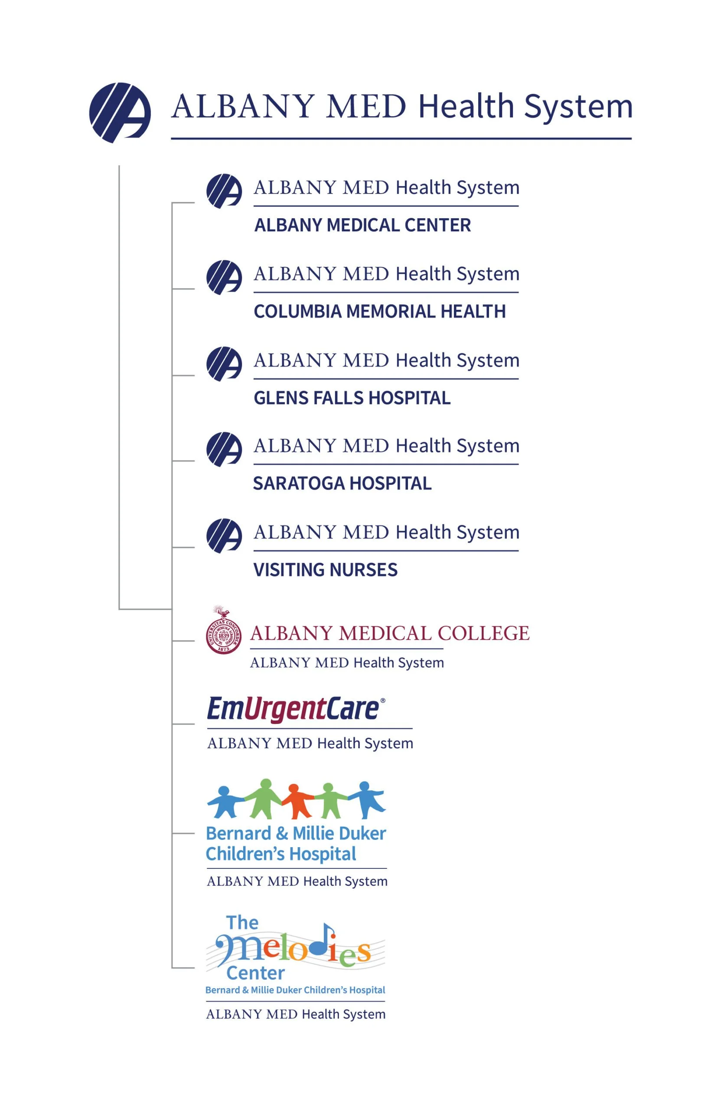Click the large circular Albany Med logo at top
click(120, 112)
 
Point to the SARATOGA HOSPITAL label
click(342, 483)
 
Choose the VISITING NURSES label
click(325, 569)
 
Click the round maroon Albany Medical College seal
click(223, 636)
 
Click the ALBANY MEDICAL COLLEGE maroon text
click(389, 634)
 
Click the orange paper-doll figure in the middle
click(295, 801)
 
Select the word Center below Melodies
click(255, 973)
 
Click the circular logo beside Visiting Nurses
click(224, 536)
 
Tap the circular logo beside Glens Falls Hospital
click(224, 364)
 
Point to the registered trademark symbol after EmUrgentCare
click(383, 701)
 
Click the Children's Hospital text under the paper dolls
click(281, 854)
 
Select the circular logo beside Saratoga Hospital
click(224, 449)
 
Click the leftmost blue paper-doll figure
click(224, 802)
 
